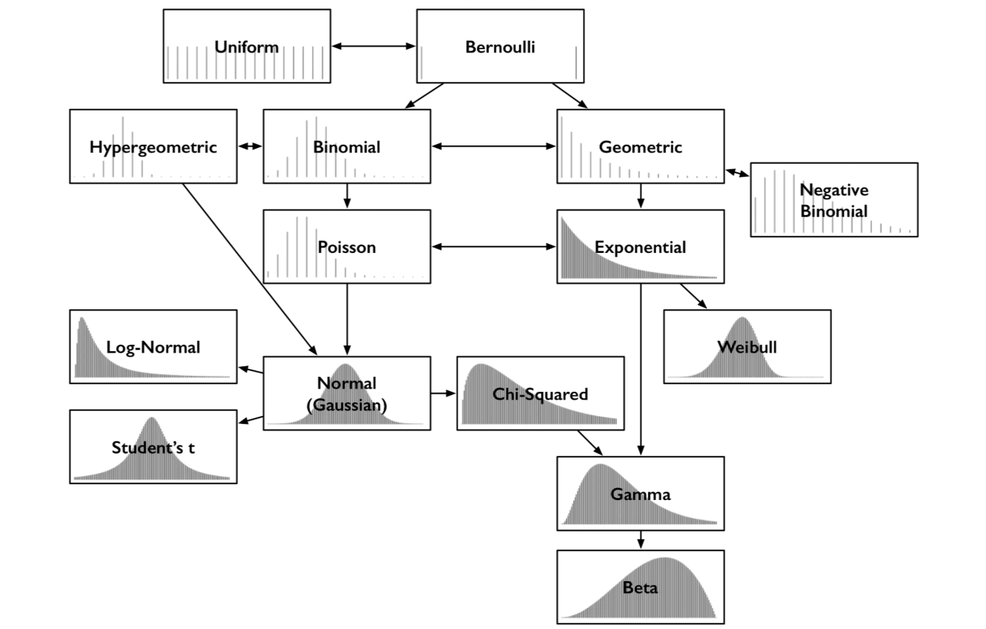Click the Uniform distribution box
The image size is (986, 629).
(247, 46)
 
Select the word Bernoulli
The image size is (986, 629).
(500, 47)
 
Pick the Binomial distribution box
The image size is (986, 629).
(347, 147)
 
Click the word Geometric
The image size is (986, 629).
(641, 147)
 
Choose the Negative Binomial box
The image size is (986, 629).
(834, 200)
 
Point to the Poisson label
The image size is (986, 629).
(347, 247)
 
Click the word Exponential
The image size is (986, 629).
(641, 248)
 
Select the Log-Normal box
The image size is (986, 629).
(153, 347)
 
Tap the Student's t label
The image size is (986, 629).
(153, 448)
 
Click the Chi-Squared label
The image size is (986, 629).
(540, 394)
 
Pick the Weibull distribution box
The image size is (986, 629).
(747, 347)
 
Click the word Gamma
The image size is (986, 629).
(641, 495)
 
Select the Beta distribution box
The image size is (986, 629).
(641, 587)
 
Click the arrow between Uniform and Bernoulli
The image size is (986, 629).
(374, 46)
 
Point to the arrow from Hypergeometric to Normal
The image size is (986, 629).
(250, 269)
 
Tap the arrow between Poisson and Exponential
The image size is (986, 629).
(494, 247)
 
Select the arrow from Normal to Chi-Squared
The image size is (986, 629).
(443, 393)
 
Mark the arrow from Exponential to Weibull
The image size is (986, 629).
(694, 296)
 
